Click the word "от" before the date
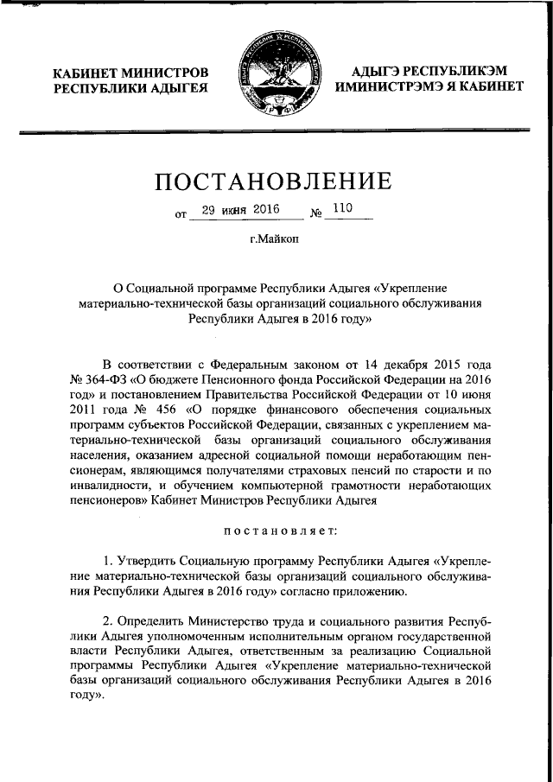tap(181, 213)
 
